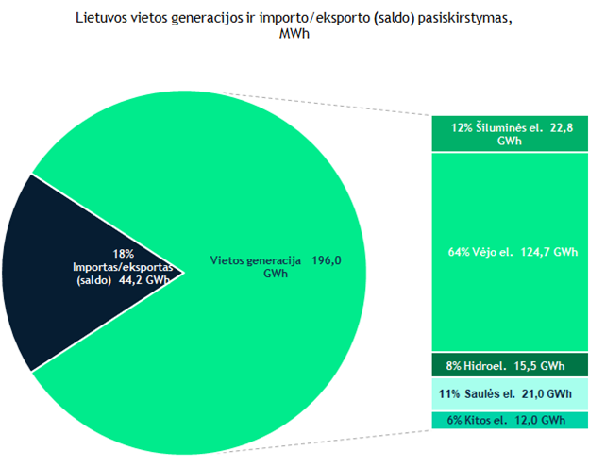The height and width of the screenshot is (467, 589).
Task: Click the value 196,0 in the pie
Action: [323, 259]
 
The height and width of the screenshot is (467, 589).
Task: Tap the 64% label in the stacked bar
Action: [458, 253]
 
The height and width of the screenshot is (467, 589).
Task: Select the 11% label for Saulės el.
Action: [448, 393]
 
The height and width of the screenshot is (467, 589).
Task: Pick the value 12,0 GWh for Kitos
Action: [542, 420]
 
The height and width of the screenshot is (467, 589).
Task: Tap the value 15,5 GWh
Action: [541, 365]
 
